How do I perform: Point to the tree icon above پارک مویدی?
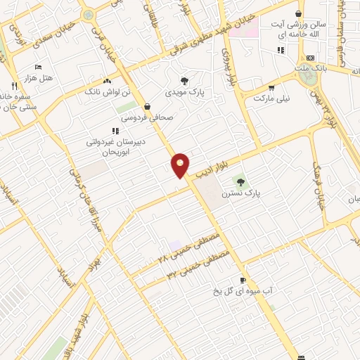coord(184,81)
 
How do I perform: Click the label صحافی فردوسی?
coord(146,118)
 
